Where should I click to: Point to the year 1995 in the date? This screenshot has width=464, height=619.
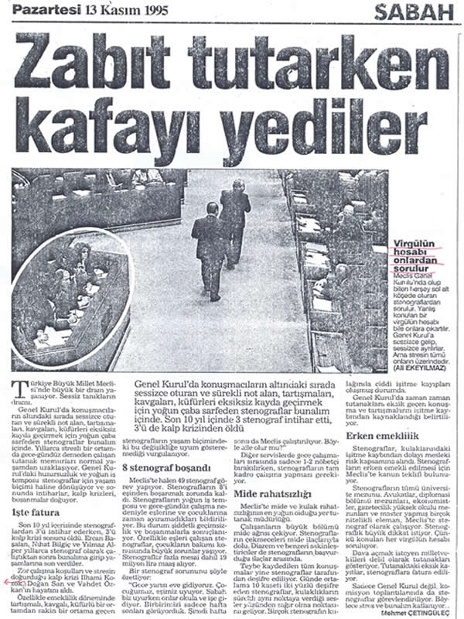click(154, 9)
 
